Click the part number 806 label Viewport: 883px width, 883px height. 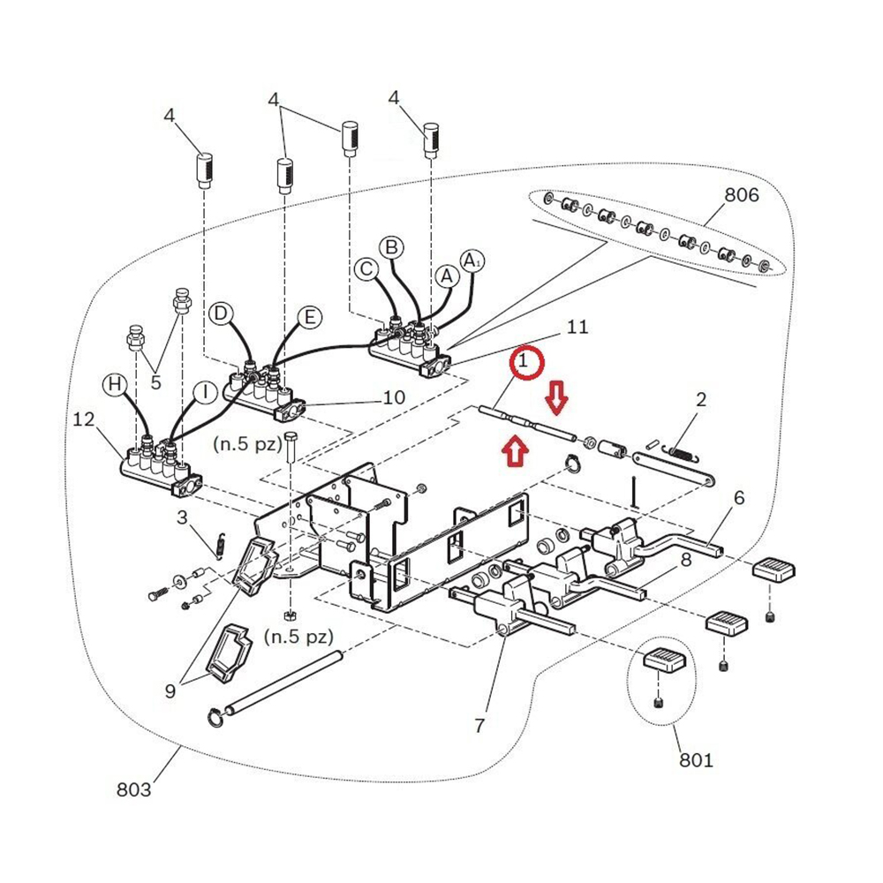(741, 195)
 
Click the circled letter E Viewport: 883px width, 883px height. (308, 318)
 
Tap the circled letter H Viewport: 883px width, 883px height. (113, 384)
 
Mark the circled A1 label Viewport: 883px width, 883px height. (472, 260)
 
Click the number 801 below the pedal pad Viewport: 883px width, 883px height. (696, 759)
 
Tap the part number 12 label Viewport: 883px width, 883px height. (83, 421)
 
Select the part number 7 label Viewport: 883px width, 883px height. (479, 726)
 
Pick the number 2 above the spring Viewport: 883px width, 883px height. (700, 399)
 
